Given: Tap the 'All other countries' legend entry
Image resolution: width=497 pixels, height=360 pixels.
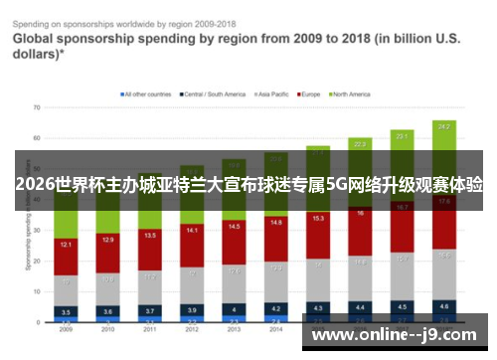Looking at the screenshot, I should tap(147, 94).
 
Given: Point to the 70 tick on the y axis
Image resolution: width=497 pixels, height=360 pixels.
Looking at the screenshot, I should tap(35, 106).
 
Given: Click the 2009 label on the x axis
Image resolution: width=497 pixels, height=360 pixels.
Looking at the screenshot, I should tap(66, 330).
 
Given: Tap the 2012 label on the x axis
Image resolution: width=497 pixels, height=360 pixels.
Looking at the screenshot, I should tap(192, 330).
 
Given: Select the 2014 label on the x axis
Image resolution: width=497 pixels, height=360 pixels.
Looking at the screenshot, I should tap(275, 330).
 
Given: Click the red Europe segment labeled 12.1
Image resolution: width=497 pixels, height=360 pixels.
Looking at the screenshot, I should tap(66, 244).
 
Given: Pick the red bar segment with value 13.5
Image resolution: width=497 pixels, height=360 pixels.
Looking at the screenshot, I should tap(149, 236).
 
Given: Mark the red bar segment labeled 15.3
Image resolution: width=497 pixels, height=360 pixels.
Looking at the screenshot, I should tap(318, 219).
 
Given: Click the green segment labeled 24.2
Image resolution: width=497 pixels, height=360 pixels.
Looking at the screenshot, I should tap(443, 126).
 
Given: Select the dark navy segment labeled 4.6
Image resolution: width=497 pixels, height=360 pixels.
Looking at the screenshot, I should tap(443, 306).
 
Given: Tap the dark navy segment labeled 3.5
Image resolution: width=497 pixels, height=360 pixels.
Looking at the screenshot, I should tap(66, 310).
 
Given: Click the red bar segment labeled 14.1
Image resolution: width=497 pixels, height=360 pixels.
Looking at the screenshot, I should tap(192, 230).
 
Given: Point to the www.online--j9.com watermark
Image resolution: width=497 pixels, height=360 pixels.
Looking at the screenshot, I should tap(396, 335).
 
